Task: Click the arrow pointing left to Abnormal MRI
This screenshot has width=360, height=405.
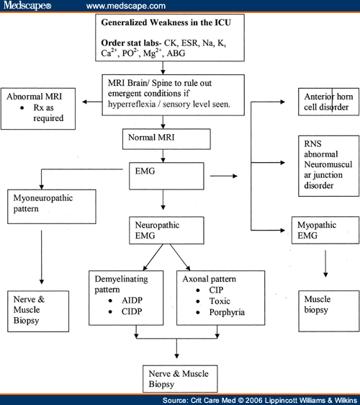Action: tap(91, 102)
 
